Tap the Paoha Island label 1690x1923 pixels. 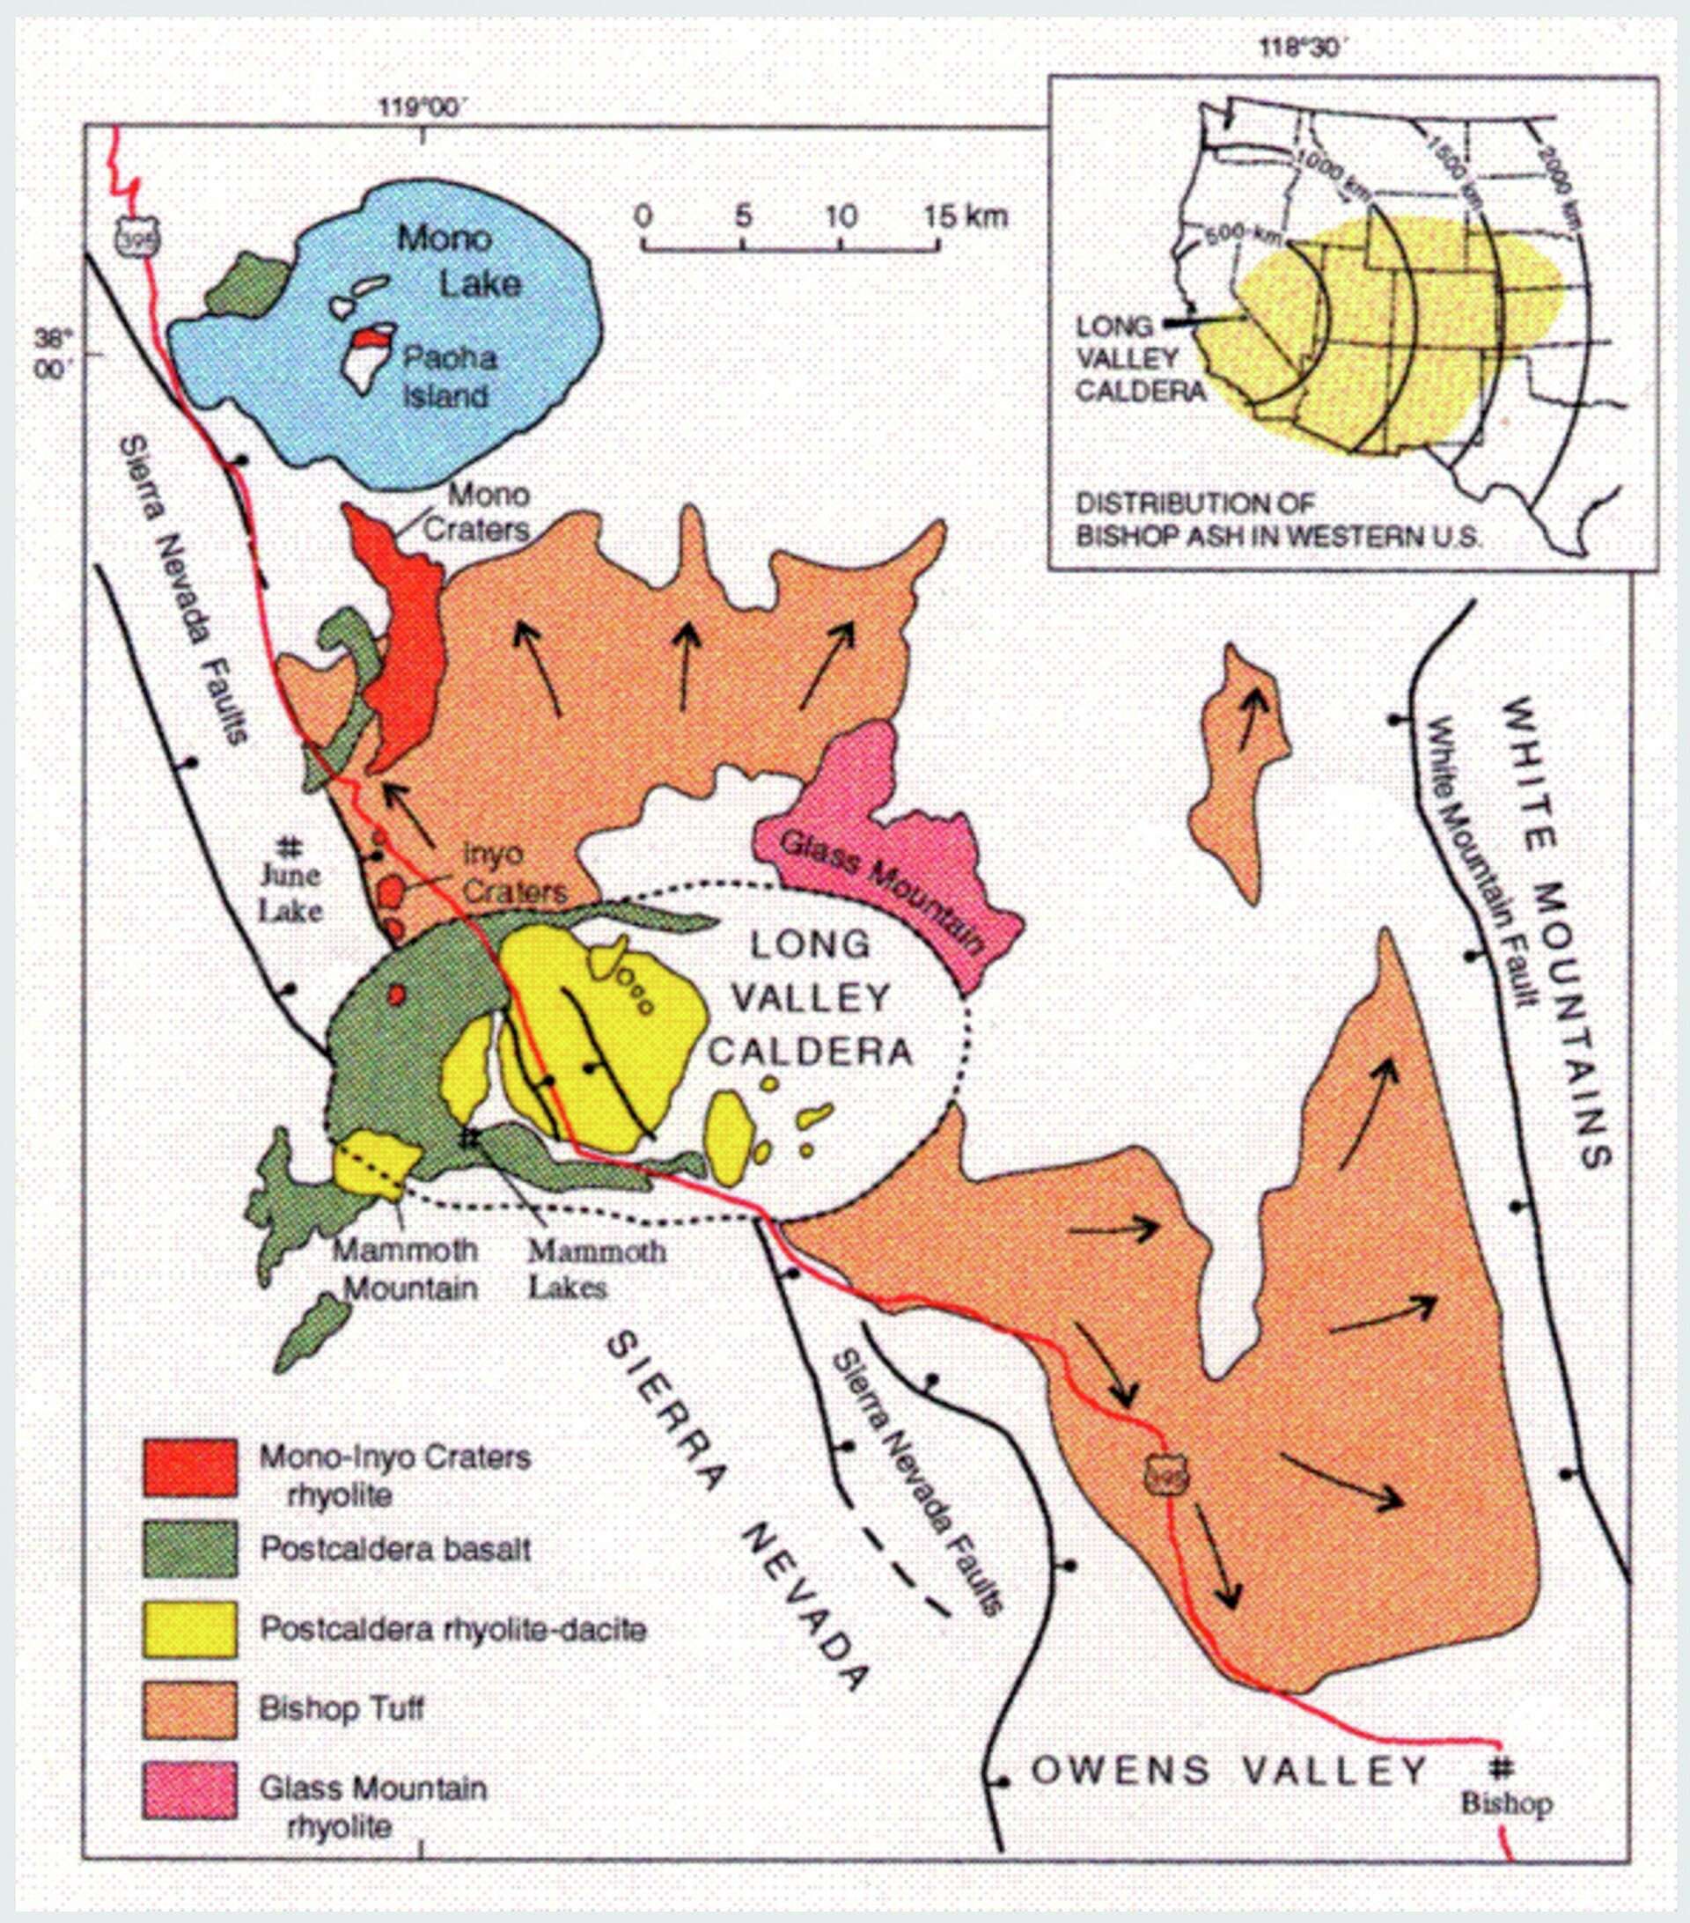point(448,377)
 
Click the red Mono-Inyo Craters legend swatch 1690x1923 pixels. point(190,1467)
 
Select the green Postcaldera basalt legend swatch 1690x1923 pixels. point(190,1549)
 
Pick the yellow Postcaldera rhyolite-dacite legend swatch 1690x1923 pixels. point(190,1629)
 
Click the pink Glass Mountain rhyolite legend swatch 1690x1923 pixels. point(190,1790)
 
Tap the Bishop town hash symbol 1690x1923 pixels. point(1503,1770)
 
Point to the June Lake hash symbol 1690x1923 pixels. point(290,846)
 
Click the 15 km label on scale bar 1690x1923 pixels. point(966,217)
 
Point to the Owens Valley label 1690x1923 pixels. point(1228,1771)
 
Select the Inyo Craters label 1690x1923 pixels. point(514,872)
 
